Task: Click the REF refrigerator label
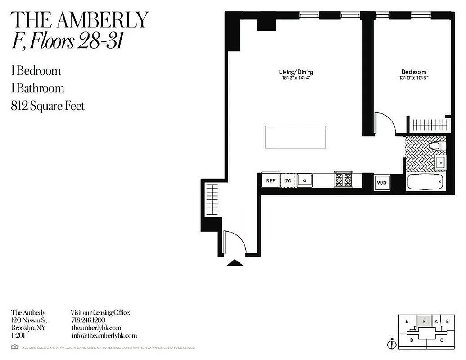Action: point(271,180)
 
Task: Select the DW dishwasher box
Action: point(288,180)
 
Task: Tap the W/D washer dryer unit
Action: point(381,183)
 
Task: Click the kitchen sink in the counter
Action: point(305,180)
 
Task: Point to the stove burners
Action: point(345,180)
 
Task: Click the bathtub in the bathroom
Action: point(425,183)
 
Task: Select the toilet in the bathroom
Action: point(435,145)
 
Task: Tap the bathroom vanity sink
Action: point(440,162)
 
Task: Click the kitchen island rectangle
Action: point(295,137)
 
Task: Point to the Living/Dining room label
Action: point(296,72)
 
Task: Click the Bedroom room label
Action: point(414,72)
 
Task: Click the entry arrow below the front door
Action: point(235,263)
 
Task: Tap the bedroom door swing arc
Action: point(386,122)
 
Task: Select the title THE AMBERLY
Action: point(79,20)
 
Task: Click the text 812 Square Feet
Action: point(48,106)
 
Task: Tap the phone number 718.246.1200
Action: point(88,320)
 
